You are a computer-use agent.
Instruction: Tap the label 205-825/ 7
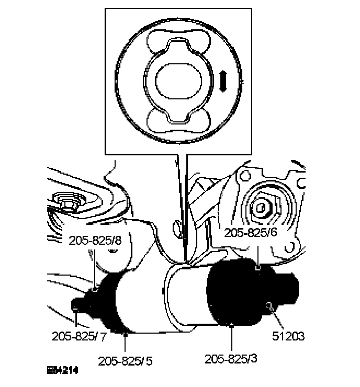[80, 336]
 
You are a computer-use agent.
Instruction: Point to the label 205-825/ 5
[126, 360]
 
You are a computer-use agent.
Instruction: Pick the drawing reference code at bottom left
[62, 371]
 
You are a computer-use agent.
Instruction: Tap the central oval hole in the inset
[178, 82]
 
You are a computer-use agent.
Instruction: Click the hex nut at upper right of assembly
[262, 208]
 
